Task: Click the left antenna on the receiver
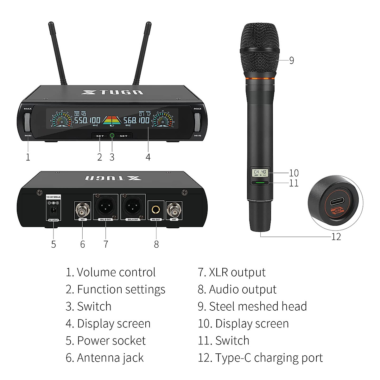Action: (58, 54)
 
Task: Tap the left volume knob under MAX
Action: (27, 122)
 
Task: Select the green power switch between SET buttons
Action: (112, 136)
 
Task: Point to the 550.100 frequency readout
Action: (87, 120)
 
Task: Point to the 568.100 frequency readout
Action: (136, 120)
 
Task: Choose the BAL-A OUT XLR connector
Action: (133, 207)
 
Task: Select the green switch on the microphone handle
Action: (260, 183)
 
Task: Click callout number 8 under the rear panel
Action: (156, 244)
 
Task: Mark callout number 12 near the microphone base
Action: (336, 237)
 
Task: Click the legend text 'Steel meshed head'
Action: (258, 306)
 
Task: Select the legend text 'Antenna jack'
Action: (110, 358)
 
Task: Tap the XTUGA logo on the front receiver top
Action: (112, 92)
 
